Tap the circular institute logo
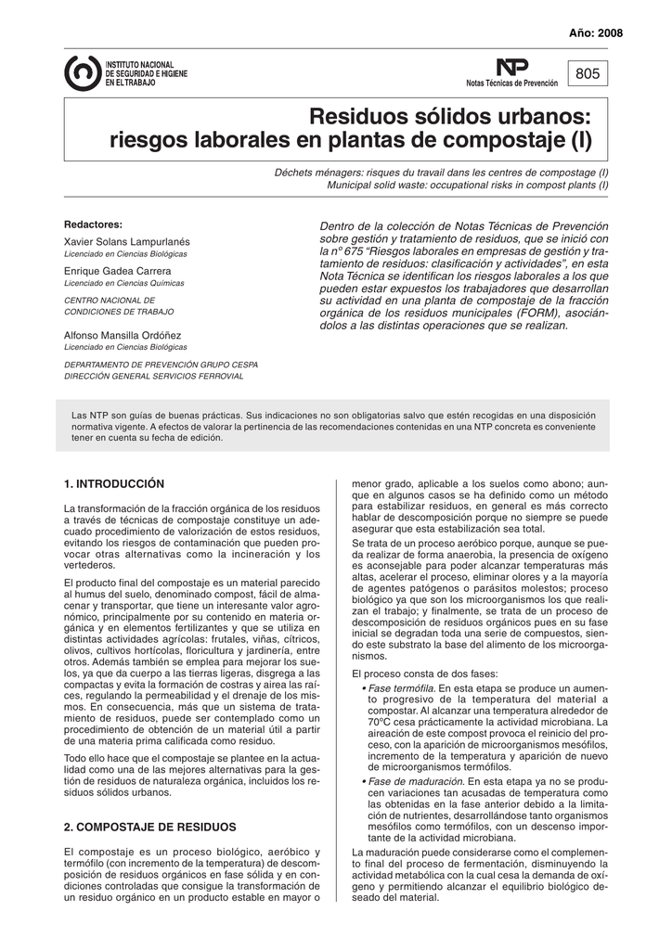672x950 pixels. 83,73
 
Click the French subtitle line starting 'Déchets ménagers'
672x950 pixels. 441,173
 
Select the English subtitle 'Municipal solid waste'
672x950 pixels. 468,186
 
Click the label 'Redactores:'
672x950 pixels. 93,225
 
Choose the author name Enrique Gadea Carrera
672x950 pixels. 116,271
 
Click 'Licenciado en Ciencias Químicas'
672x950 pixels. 123,284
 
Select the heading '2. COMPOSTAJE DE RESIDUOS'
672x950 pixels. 149,827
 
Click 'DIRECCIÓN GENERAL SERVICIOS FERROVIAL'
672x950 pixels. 153,377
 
